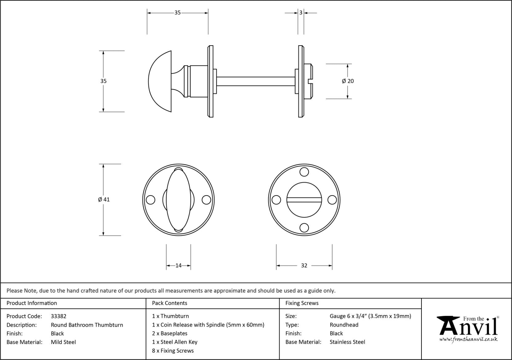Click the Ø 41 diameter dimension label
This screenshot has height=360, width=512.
[104, 200]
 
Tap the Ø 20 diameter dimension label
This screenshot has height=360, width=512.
[348, 81]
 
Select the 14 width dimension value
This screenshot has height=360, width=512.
[178, 265]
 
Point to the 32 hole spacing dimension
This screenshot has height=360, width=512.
[304, 265]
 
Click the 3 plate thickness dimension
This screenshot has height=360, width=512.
[301, 13]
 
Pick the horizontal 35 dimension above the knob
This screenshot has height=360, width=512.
[177, 13]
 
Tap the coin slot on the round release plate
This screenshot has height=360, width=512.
[304, 200]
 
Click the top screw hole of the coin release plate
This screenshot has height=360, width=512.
[304, 172]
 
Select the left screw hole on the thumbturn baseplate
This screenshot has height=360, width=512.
[151, 200]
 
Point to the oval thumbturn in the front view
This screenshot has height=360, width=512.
[178, 200]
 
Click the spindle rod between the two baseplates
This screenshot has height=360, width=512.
[256, 81]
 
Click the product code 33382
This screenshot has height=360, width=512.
[58, 316]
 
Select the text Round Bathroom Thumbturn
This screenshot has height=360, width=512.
[87, 325]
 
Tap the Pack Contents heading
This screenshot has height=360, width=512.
[169, 303]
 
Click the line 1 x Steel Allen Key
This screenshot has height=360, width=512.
[175, 342]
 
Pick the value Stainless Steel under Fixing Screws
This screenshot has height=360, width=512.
[347, 342]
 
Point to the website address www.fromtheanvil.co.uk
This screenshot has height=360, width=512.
[468, 339]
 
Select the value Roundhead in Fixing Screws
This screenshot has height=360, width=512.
[344, 325]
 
